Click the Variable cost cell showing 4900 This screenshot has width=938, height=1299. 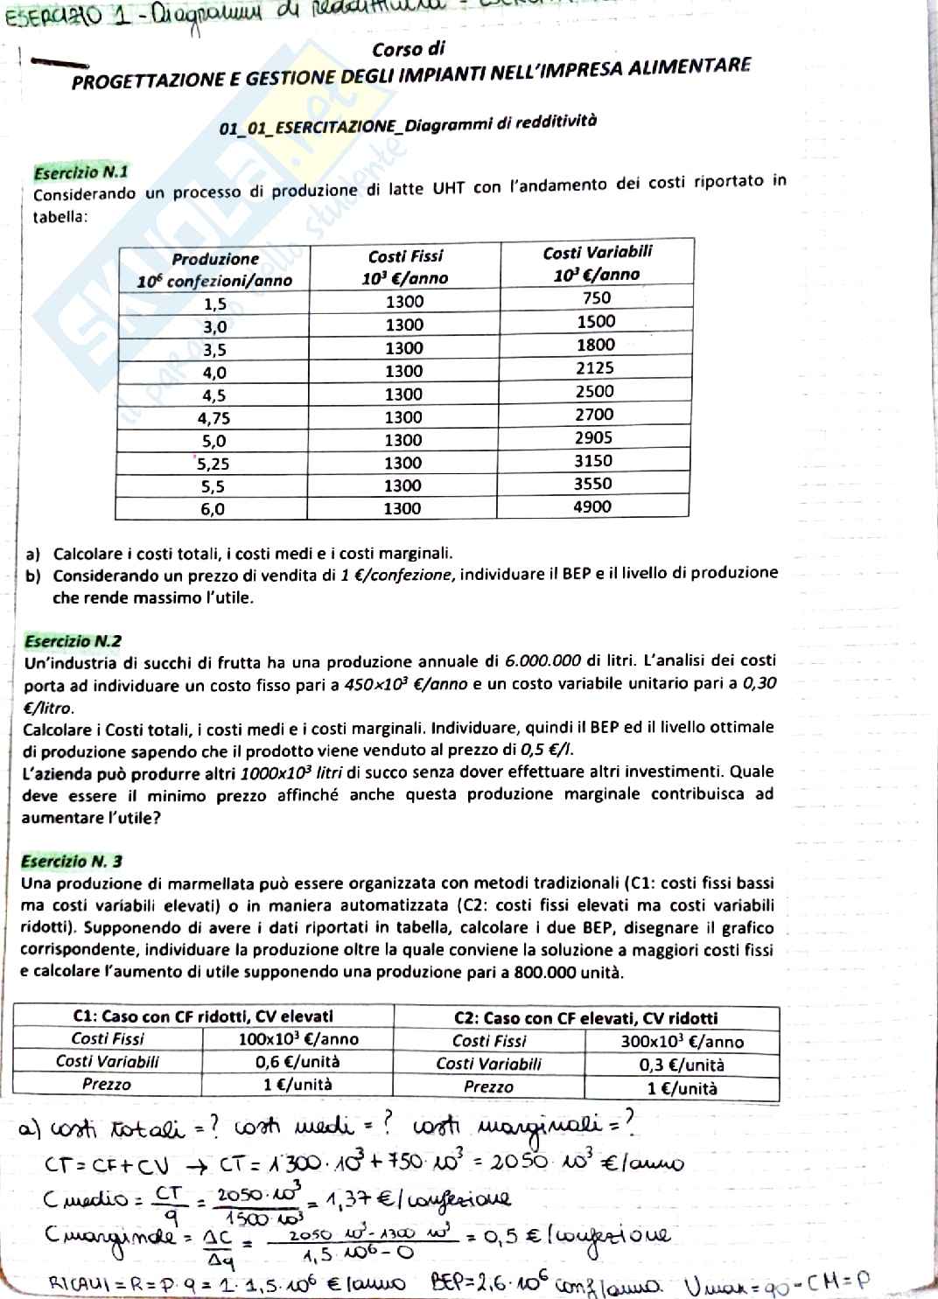[592, 506]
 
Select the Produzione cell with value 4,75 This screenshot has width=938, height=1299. [213, 417]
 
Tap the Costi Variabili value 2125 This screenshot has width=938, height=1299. [595, 368]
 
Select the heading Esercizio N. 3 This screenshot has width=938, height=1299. [72, 861]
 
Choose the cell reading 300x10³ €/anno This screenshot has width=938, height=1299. [682, 1041]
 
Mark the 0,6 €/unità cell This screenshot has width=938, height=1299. [297, 1061]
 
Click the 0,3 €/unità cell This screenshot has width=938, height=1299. [682, 1065]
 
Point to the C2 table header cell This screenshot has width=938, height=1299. [585, 1017]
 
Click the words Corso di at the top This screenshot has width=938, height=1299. [409, 49]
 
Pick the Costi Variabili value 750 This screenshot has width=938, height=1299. [597, 298]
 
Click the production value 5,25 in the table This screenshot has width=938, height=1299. [213, 464]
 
